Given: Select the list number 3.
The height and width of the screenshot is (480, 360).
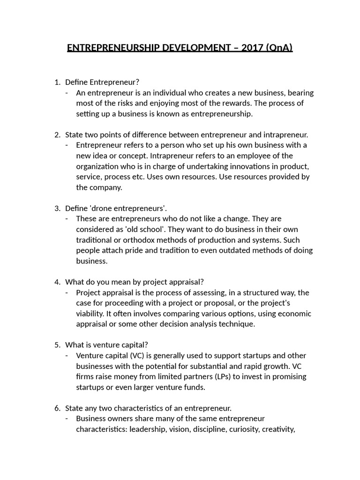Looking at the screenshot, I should coord(57,208).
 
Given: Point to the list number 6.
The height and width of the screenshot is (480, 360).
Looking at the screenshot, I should coord(57,408).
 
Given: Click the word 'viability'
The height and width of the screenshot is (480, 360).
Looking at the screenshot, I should coord(92,314).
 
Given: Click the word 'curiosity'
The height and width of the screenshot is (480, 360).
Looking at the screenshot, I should coord(243,429).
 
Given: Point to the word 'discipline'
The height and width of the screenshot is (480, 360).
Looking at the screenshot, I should coord(207,429).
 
